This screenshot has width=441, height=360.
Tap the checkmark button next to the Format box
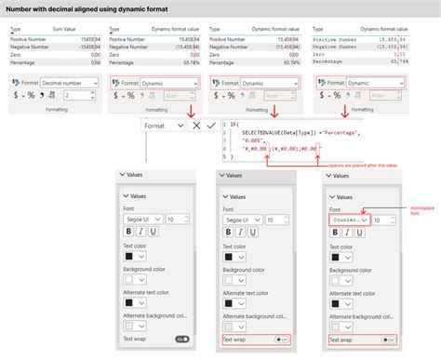pos(211,125)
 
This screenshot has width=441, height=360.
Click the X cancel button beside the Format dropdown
pos(195,125)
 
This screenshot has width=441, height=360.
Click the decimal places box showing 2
pos(73,96)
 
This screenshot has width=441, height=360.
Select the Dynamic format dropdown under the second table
pos(168,83)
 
